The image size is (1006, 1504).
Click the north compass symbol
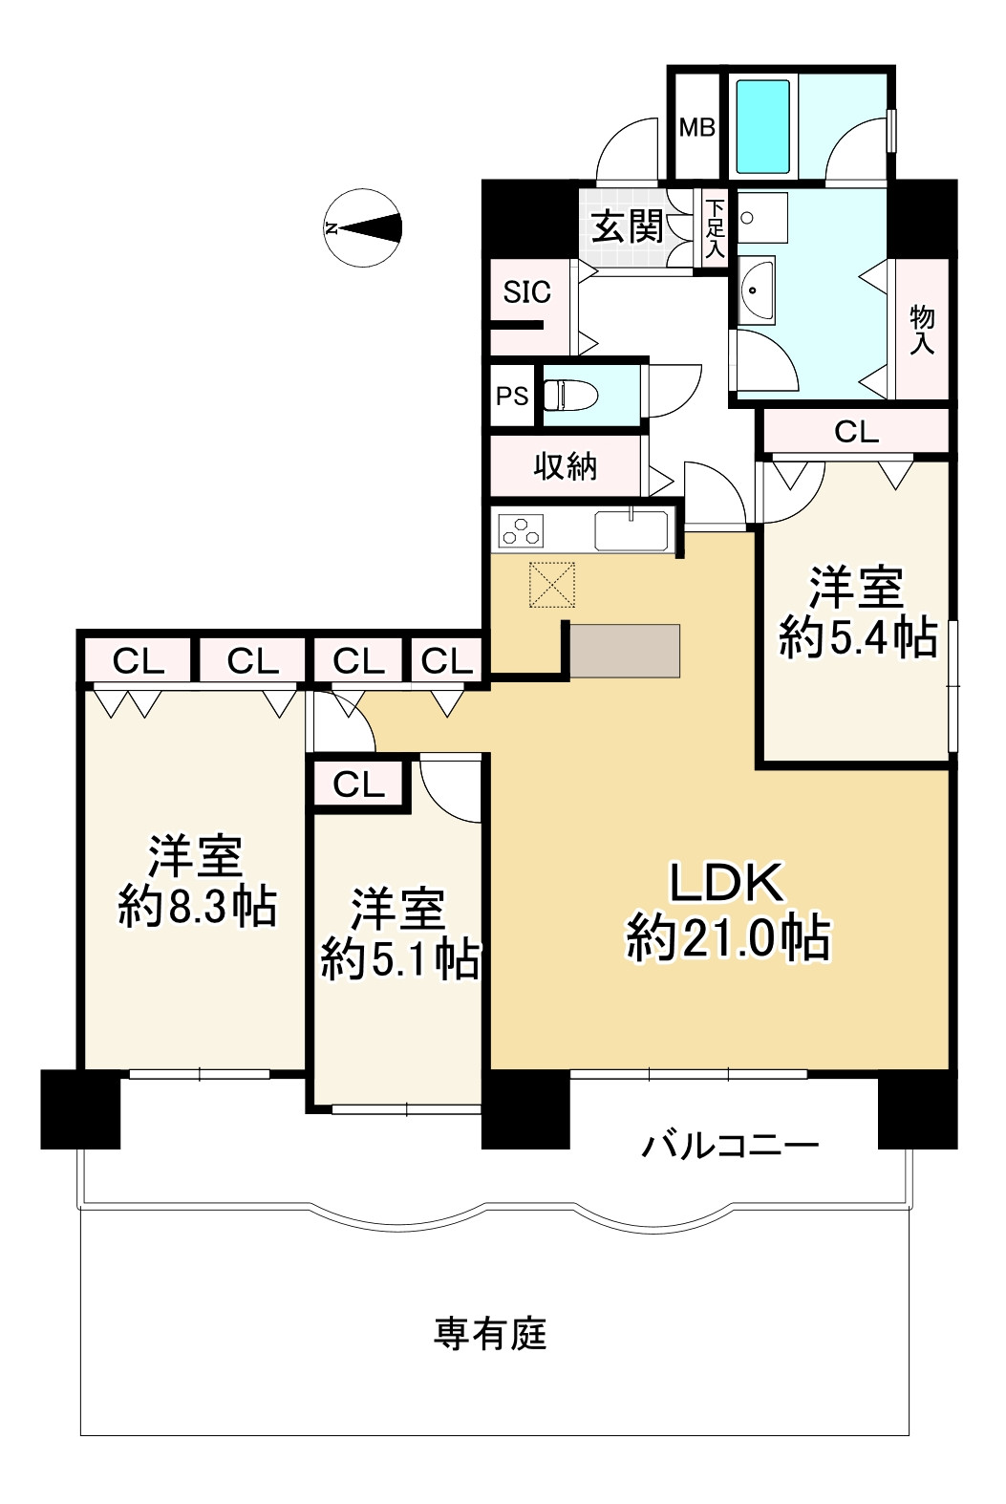click(363, 227)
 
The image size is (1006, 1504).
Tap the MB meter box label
click(697, 127)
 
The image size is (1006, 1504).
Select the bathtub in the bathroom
click(763, 127)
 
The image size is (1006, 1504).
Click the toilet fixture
click(569, 396)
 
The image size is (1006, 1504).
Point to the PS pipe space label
click(512, 397)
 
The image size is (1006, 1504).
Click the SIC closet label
click(526, 292)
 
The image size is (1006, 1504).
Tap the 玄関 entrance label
click(627, 226)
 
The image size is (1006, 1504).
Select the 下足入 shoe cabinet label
click(716, 229)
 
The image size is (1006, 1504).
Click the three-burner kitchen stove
click(521, 530)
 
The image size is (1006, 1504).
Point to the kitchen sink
click(631, 530)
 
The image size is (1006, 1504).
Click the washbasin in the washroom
click(757, 290)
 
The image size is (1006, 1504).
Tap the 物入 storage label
click(922, 330)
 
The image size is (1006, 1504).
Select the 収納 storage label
click(565, 465)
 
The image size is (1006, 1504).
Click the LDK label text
click(727, 883)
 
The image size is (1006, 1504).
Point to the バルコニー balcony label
click(730, 1145)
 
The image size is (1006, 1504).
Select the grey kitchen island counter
click(625, 651)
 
